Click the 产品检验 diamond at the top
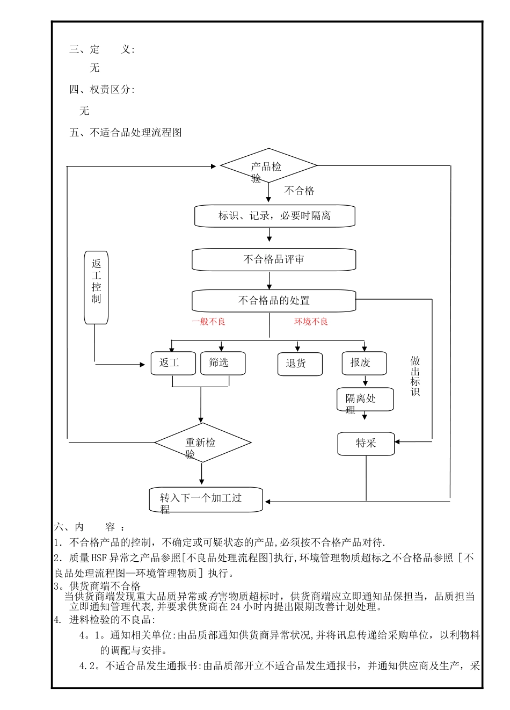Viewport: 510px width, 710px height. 268,166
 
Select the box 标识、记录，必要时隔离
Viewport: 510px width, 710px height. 274,216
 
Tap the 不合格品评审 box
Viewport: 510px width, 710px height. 274,259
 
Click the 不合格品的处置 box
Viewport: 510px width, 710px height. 274,301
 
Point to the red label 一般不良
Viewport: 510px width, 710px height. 209,322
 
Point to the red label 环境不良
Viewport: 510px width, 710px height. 311,322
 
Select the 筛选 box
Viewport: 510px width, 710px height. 222,363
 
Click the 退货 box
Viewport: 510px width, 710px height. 300,364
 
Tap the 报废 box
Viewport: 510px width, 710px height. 364,363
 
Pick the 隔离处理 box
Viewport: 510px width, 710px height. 365,400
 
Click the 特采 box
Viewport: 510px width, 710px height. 366,444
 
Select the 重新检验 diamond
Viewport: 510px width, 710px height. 202,443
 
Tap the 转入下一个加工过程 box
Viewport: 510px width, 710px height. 206,499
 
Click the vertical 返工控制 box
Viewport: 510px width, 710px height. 96,287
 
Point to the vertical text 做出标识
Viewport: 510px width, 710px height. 415,376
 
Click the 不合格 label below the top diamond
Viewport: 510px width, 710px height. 299,191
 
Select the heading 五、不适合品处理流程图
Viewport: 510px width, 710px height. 126,133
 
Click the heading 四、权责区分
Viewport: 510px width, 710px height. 101,90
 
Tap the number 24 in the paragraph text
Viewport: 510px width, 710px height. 235,607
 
